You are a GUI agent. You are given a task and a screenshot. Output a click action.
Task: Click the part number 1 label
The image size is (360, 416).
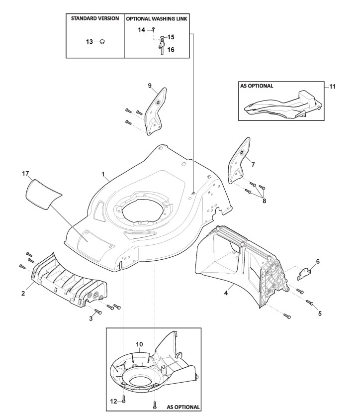103,175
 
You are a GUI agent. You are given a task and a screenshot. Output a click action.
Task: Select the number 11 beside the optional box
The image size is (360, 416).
332,87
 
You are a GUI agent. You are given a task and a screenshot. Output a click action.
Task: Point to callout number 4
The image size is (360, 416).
226,293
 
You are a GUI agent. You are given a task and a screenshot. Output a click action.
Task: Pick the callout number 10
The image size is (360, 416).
139,343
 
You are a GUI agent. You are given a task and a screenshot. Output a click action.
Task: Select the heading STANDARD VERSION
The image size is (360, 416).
94,18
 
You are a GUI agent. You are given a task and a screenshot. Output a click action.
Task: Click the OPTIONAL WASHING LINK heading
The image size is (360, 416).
156,18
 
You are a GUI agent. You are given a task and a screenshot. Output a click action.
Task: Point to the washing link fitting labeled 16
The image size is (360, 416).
162,48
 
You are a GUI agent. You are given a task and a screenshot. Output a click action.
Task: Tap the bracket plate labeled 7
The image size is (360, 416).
240,159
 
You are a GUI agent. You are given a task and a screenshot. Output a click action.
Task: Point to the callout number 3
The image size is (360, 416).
90,318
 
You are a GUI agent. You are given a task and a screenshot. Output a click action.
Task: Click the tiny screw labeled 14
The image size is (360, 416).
154,30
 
